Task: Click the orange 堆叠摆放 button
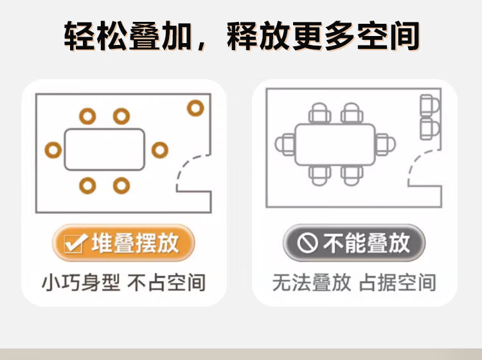point(123,243)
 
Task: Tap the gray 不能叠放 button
point(355,243)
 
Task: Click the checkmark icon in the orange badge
point(77,244)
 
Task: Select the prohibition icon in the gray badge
point(308,244)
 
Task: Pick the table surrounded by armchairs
point(335,145)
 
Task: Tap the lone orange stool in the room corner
point(195,108)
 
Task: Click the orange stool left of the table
point(53,150)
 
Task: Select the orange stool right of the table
point(159,150)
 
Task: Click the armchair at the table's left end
point(284,144)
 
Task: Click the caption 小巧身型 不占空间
point(123,283)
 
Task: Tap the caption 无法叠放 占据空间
point(354,283)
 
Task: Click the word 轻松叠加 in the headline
point(127,36)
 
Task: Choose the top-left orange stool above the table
point(87,116)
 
